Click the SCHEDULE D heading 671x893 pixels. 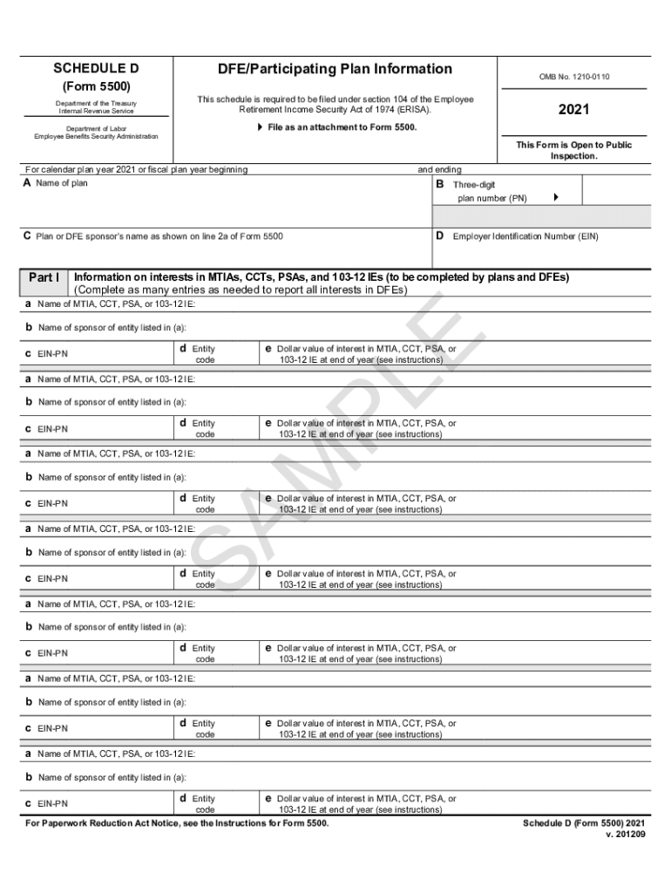96,69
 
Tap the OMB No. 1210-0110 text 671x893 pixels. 573,77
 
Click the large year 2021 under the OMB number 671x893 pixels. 573,110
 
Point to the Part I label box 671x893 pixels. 44,277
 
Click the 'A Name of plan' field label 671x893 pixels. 56,183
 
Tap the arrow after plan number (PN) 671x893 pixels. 556,198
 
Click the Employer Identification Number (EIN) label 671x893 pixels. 525,236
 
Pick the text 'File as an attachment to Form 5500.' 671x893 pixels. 339,127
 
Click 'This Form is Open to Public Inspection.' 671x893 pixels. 573,151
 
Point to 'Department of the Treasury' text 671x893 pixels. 96,105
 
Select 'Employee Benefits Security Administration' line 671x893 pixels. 96,137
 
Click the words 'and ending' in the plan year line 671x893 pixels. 440,169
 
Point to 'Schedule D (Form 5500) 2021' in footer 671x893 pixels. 584,823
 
